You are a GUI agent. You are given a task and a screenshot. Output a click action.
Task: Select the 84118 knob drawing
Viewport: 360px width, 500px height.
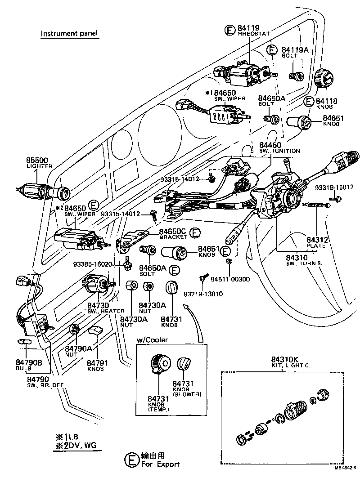click(x=325, y=80)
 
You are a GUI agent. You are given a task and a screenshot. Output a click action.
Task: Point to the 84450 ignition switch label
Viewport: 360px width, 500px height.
click(x=270, y=145)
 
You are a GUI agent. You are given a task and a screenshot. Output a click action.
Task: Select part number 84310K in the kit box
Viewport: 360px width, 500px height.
click(x=284, y=359)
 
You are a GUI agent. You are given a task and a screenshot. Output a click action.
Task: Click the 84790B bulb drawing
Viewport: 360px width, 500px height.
click(x=25, y=343)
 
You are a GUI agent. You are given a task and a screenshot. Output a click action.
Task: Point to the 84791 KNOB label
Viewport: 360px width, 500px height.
click(x=95, y=362)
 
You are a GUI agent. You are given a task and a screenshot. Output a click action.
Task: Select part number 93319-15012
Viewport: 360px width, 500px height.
click(x=335, y=187)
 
